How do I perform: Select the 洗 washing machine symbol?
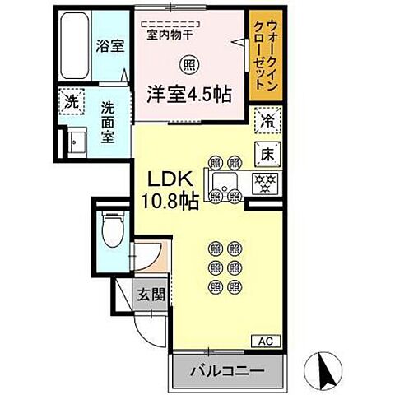tap(70, 105)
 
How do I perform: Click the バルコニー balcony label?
tap(229, 372)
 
